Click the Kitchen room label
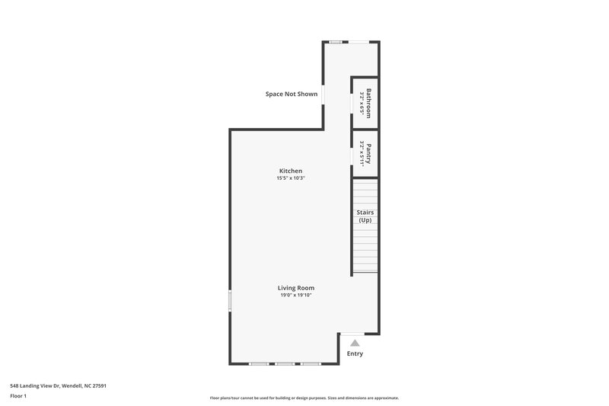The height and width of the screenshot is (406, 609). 290,171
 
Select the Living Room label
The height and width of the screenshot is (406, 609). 296,288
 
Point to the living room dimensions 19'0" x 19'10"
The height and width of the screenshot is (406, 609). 296,296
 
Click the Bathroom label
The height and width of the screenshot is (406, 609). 368,103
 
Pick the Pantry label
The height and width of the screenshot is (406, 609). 368,153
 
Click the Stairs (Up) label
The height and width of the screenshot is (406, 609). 365,216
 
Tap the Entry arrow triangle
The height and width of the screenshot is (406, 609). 355,343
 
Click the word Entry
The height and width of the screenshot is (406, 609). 355,353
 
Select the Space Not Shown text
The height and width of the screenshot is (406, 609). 292,94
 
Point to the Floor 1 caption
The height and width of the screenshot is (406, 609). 18,397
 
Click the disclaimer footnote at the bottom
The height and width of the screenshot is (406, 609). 304,398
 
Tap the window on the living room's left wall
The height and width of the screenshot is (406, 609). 230,299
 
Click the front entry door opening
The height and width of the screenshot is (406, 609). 352,333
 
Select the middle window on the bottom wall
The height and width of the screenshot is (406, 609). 285,364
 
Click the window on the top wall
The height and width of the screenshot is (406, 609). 336,41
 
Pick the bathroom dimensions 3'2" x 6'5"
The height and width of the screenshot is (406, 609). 362,103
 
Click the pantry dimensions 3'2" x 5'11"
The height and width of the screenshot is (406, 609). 362,153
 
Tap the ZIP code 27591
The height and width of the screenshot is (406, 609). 99,385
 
